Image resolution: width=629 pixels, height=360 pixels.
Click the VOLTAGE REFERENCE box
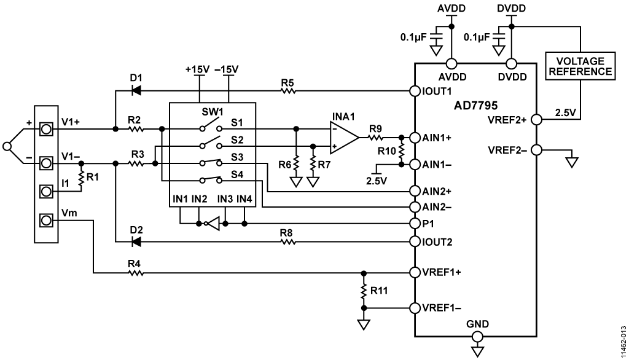[580, 66]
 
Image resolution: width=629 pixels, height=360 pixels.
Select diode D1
[136, 91]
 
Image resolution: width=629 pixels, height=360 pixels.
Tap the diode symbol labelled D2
[136, 241]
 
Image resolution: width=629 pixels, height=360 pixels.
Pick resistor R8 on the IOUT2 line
[287, 241]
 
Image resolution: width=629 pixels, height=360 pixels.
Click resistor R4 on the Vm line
[135, 273]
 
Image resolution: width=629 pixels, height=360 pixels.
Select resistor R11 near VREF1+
[364, 291]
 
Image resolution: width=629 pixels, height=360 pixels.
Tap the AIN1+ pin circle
[415, 138]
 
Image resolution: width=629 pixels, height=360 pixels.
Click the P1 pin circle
[415, 223]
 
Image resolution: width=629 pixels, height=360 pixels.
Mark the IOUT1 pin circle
[415, 91]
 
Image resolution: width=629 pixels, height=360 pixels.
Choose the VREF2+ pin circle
[536, 120]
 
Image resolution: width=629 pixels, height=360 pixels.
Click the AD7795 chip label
[476, 106]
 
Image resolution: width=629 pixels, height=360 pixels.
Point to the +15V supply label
[197, 69]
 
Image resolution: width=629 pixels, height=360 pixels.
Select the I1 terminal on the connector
[46, 192]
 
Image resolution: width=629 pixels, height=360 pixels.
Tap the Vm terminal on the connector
[46, 221]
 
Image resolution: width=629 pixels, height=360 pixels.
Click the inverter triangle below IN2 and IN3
[213, 224]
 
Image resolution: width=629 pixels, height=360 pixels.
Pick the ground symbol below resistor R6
[295, 182]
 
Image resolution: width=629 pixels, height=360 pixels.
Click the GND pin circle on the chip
[477, 335]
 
